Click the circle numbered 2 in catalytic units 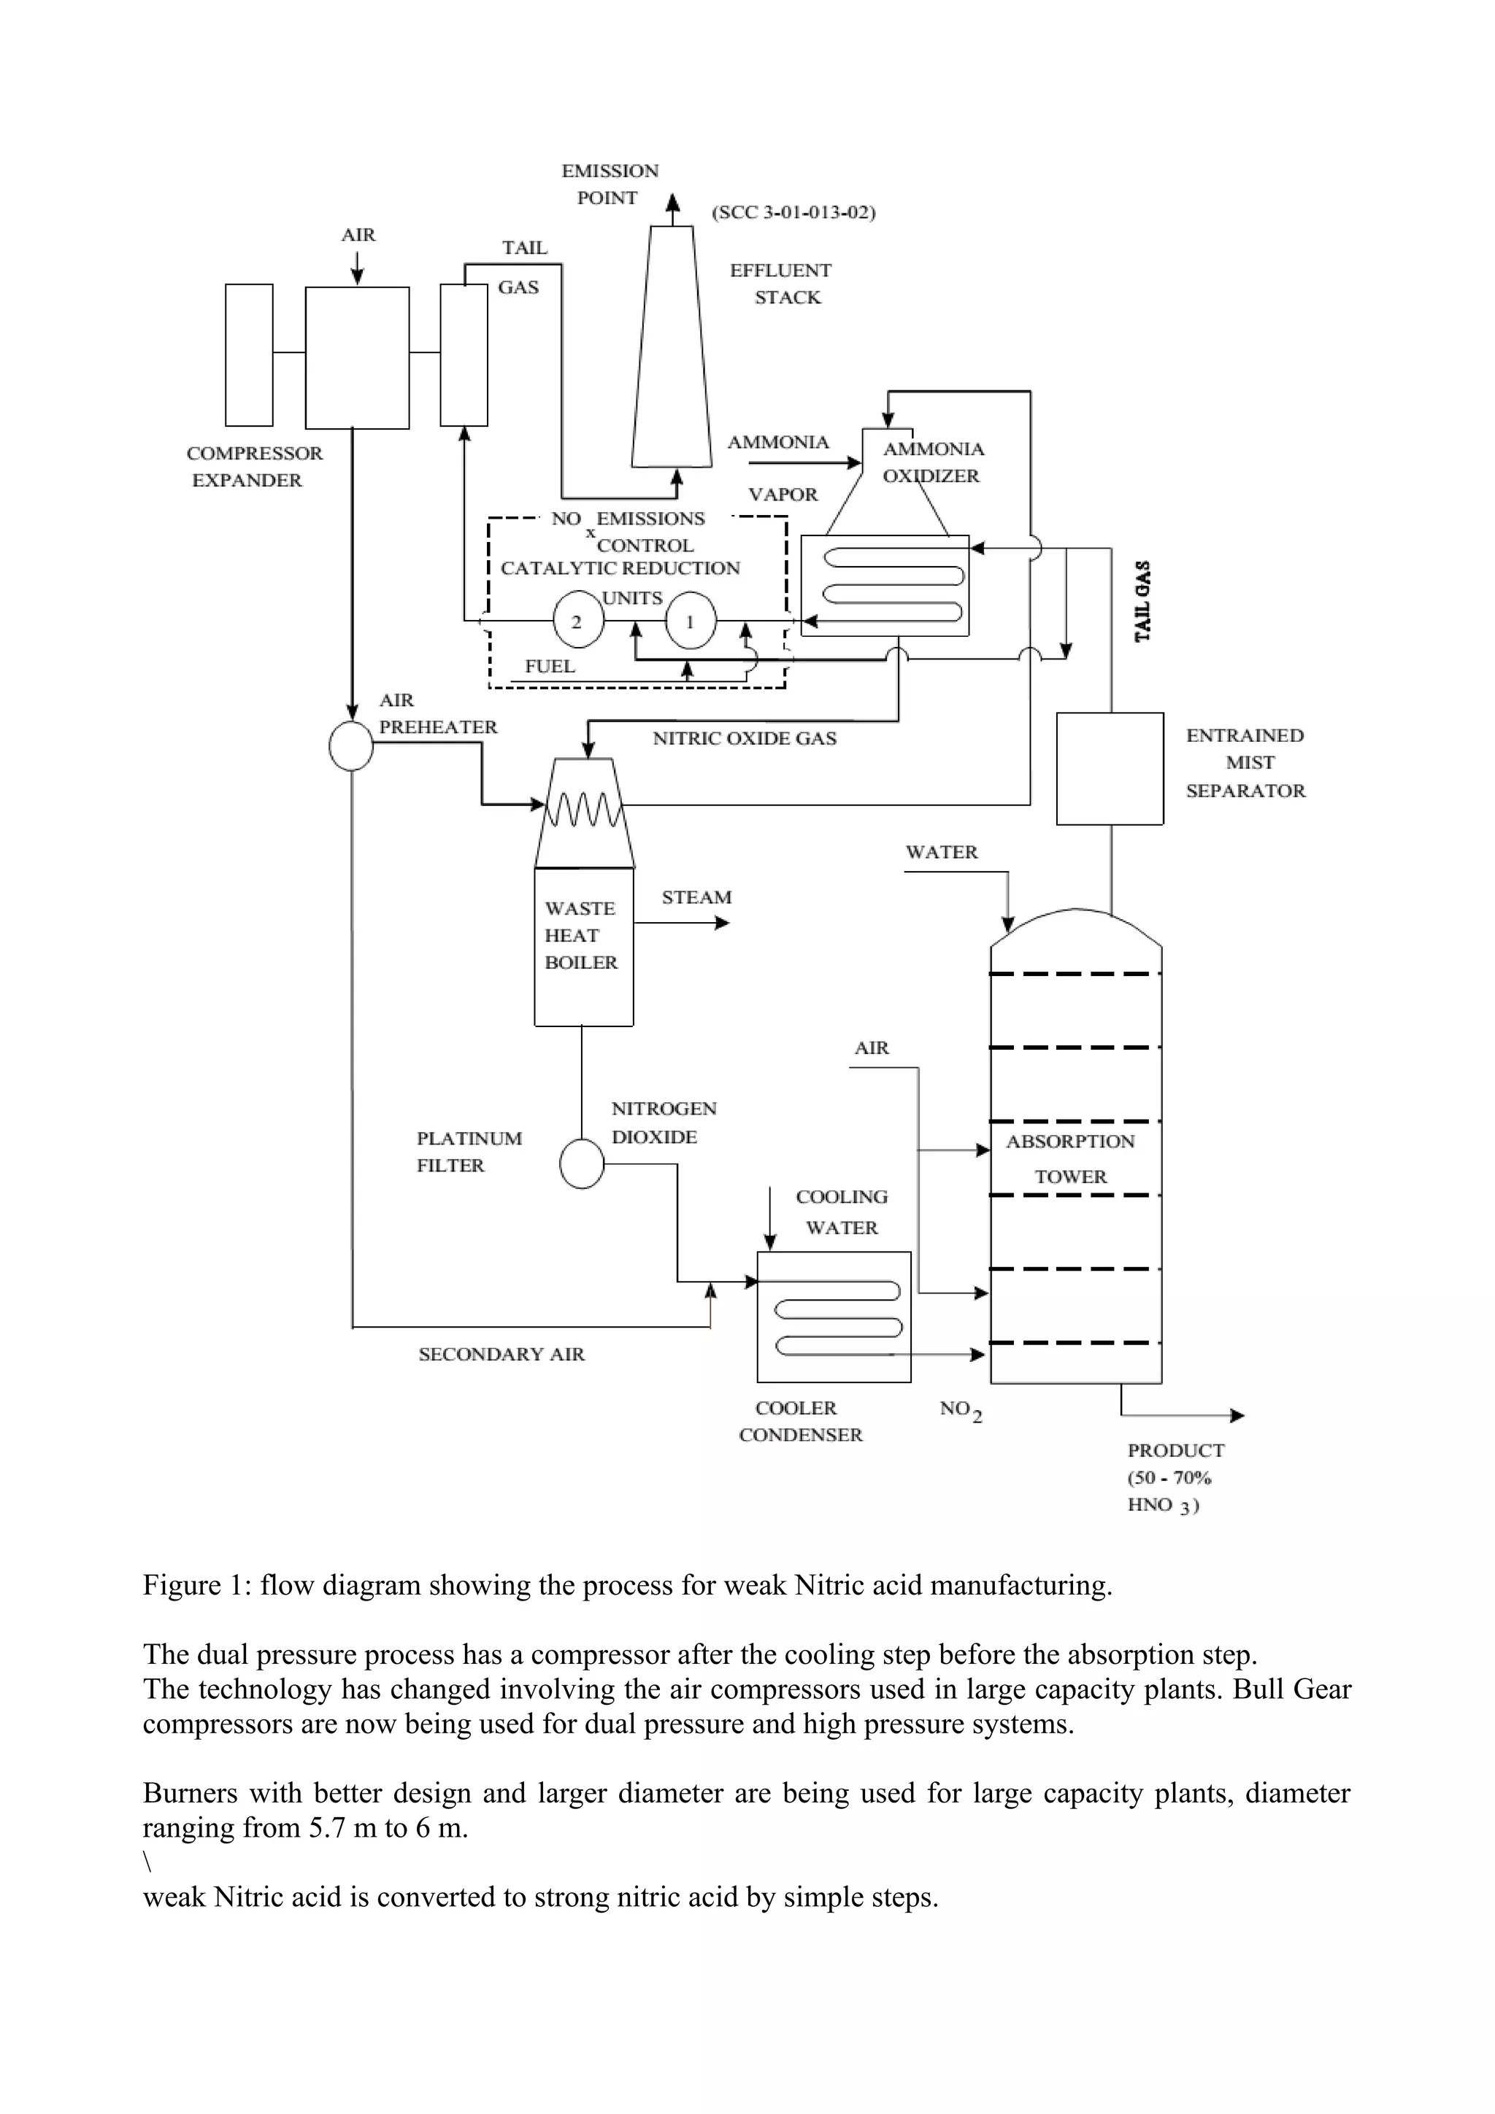tap(577, 621)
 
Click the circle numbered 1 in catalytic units tap(690, 621)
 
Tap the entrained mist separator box tap(1109, 768)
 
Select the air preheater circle tap(351, 745)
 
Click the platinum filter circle tap(582, 1165)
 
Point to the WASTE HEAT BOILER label tap(580, 934)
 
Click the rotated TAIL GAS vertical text tap(1142, 601)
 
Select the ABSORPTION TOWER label tap(1070, 1158)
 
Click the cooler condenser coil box tap(834, 1317)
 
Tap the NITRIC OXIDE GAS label tap(745, 737)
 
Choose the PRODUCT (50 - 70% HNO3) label tap(1175, 1477)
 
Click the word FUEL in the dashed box tap(550, 666)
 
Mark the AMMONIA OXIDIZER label tap(932, 462)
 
